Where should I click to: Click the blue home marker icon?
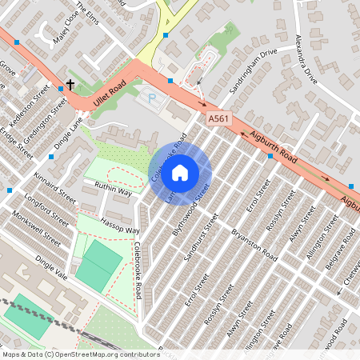(x=180, y=173)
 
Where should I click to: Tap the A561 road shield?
(x=219, y=118)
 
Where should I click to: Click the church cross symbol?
(x=70, y=83)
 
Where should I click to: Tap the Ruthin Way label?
(x=113, y=190)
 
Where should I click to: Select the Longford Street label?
(x=44, y=206)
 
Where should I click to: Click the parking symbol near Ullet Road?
(x=150, y=99)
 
